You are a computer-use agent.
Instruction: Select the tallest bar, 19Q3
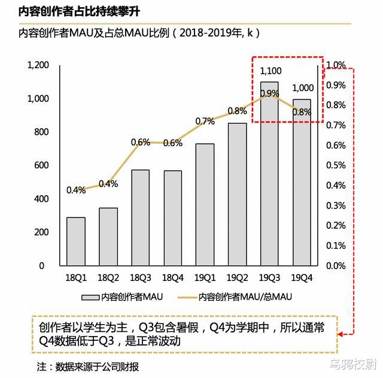[x=269, y=174]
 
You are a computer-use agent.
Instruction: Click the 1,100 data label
[x=270, y=71]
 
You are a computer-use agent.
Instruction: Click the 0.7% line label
[x=205, y=121]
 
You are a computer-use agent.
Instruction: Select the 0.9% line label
[x=269, y=93]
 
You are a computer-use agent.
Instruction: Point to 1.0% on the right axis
[x=336, y=65]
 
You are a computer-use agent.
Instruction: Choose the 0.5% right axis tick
[x=336, y=165]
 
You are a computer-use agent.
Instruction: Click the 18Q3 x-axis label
[x=140, y=278]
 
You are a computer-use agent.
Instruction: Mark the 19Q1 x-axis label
[x=205, y=278]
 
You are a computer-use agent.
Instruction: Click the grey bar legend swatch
[x=90, y=297]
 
